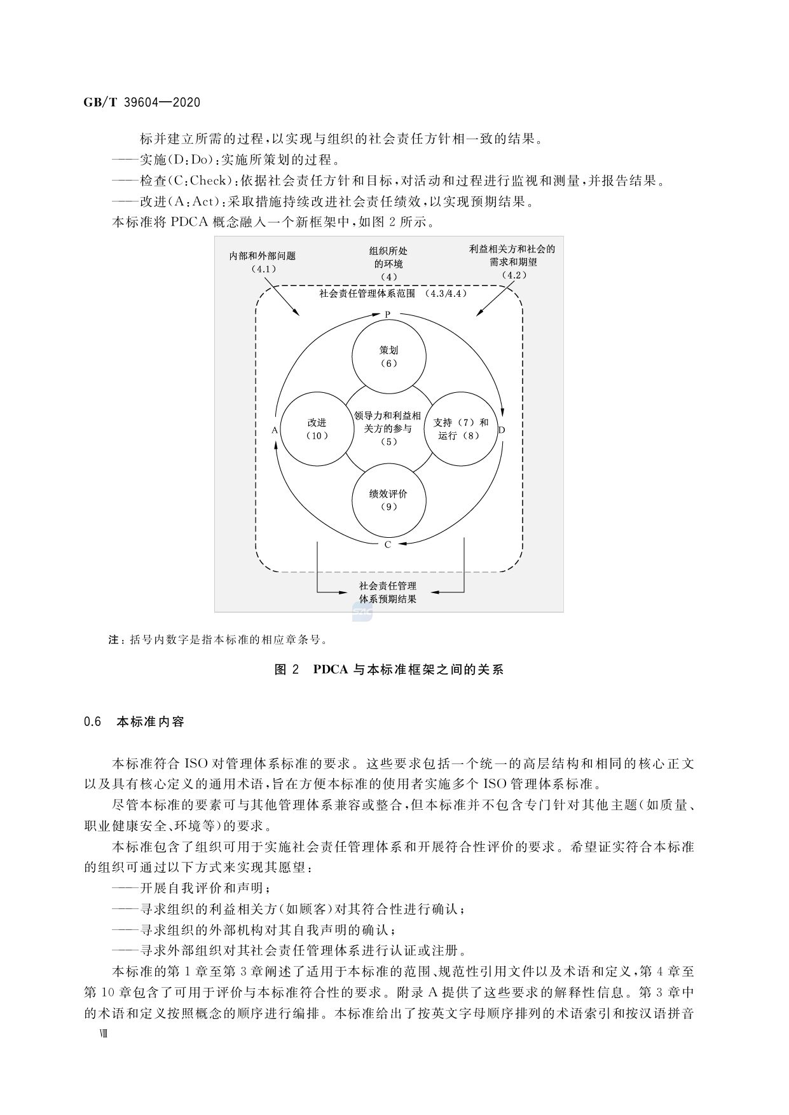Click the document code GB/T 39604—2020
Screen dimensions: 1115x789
click(142, 102)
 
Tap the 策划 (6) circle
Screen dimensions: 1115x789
click(388, 357)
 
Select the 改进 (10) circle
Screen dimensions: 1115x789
click(317, 429)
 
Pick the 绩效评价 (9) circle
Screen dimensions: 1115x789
click(388, 500)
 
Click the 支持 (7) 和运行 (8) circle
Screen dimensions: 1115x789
click(460, 429)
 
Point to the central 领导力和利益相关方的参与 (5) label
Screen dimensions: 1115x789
click(388, 428)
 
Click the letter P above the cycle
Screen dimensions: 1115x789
click(387, 315)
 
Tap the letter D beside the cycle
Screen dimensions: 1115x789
click(502, 430)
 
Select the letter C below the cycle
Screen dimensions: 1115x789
click(388, 545)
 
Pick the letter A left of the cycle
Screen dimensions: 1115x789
click(275, 430)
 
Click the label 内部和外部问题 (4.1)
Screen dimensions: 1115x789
click(263, 262)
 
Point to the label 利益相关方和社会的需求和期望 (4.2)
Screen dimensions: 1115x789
click(512, 261)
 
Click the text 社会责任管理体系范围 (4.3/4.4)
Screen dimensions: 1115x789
click(393, 294)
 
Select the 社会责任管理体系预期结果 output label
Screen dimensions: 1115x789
click(388, 592)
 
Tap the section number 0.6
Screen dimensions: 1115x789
click(93, 722)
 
